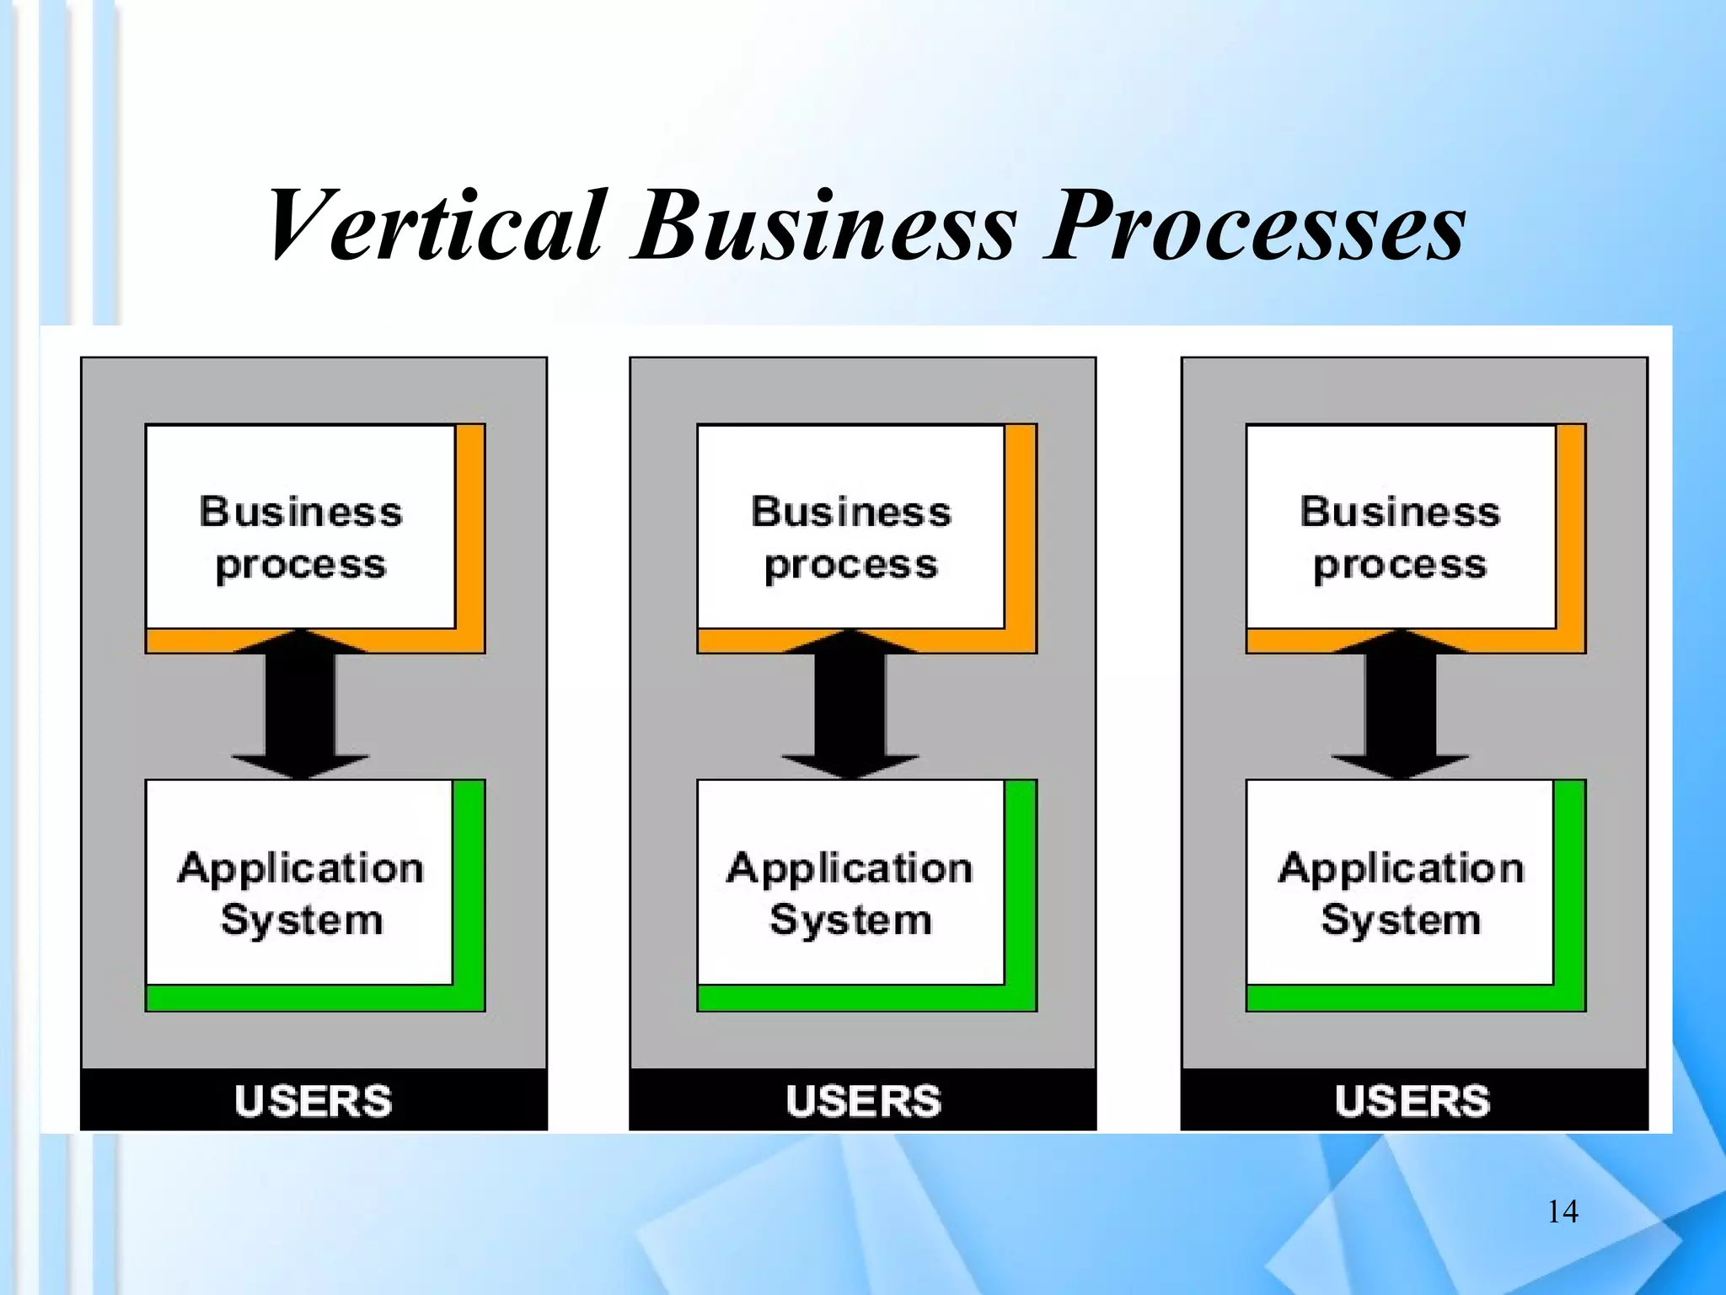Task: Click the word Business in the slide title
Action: click(x=826, y=225)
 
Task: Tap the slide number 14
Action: click(x=1563, y=1212)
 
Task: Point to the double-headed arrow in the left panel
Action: click(x=301, y=704)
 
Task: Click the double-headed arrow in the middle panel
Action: click(x=850, y=704)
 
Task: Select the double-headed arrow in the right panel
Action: click(x=1400, y=704)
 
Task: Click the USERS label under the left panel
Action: click(x=314, y=1101)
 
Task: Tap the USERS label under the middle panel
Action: click(x=863, y=1101)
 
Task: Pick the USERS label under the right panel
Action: click(x=1413, y=1101)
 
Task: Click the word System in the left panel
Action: click(x=302, y=920)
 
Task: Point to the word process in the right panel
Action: click(x=1400, y=565)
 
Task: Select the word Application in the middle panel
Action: click(x=850, y=868)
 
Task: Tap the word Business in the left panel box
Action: click(x=301, y=512)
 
